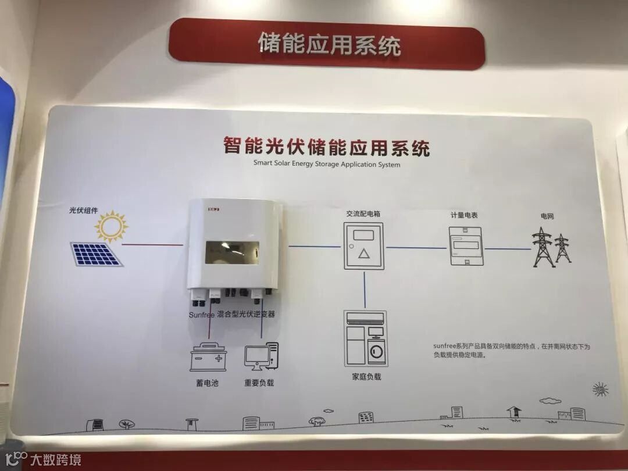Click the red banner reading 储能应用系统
327,44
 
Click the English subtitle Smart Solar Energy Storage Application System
327,164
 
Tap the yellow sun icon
111,227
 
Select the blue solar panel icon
97,254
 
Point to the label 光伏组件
84,210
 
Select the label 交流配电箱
363,214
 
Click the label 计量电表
464,215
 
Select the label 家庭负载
366,377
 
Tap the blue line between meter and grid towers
508,249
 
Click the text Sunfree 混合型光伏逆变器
231,314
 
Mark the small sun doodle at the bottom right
600,389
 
